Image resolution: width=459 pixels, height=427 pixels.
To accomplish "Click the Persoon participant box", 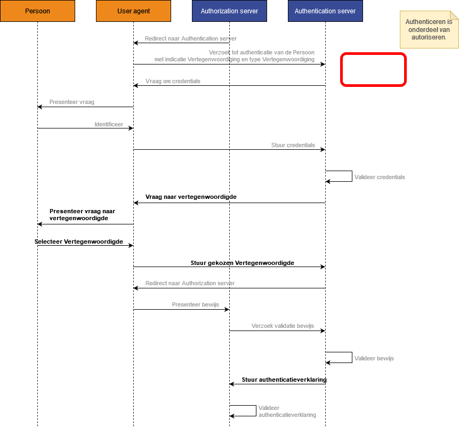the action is (37, 11).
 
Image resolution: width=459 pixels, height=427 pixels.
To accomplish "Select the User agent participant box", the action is (133, 11).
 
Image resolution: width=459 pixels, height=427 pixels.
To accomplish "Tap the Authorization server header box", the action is (229, 11).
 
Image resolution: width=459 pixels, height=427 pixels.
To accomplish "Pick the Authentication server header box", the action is (325, 11).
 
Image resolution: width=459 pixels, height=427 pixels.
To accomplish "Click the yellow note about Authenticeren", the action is (429, 29).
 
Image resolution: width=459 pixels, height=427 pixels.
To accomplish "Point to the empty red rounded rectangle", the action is (373, 53).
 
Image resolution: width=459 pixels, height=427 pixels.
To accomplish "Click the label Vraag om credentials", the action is (173, 81).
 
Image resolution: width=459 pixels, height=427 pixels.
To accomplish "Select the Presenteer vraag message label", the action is (72, 102).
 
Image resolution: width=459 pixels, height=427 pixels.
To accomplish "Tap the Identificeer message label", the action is (109, 124).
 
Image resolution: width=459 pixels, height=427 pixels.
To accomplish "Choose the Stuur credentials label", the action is (293, 145).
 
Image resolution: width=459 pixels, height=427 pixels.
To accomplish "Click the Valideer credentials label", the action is (380, 177).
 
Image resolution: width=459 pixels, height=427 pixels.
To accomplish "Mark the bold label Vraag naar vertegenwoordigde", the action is (191, 197).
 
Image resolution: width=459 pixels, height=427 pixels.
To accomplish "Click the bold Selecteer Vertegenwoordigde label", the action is (79, 241).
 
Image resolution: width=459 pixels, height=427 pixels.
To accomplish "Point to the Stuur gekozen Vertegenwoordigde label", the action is (243, 263).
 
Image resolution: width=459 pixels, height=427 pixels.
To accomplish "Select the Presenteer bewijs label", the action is (195, 304).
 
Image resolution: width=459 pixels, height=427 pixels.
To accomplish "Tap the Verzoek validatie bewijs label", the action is (283, 326).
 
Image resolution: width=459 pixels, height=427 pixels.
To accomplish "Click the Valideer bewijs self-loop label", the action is (374, 358).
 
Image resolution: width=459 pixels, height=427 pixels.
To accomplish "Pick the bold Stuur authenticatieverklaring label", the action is (284, 380).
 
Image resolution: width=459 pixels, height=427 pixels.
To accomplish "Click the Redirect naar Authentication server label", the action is (191, 38).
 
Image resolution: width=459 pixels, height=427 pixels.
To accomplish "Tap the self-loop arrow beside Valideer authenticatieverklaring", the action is (256, 410).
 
